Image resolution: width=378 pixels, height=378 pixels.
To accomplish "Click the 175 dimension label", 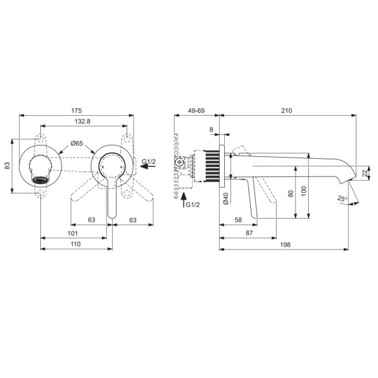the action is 76,111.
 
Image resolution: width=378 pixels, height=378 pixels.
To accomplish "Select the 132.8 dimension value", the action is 83,121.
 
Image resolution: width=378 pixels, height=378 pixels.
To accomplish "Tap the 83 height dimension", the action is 8,165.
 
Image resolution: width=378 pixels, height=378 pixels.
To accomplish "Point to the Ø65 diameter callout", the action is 77,144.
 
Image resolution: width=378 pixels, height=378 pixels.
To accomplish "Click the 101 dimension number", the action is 72,233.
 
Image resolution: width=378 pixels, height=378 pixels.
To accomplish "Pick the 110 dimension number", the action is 76,244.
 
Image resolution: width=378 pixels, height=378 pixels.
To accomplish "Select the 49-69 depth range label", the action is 196,111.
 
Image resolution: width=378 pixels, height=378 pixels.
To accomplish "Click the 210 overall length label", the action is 287,111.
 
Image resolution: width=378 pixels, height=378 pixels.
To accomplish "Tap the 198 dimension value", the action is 285,244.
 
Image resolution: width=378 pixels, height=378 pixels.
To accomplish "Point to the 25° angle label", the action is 342,198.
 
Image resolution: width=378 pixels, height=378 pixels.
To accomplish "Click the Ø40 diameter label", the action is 226,198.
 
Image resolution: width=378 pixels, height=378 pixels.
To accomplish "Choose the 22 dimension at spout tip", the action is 365,173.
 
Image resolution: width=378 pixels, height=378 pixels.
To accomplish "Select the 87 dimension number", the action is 249,233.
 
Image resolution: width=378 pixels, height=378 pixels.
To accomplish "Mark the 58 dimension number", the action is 238,220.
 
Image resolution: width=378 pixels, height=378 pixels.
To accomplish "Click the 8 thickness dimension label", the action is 212,130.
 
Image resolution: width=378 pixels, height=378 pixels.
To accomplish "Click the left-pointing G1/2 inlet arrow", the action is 148,166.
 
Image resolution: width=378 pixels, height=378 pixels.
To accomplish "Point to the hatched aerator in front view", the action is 40,180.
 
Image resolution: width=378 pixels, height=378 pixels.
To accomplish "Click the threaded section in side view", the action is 212,166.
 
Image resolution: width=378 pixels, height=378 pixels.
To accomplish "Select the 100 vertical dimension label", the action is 304,191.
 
